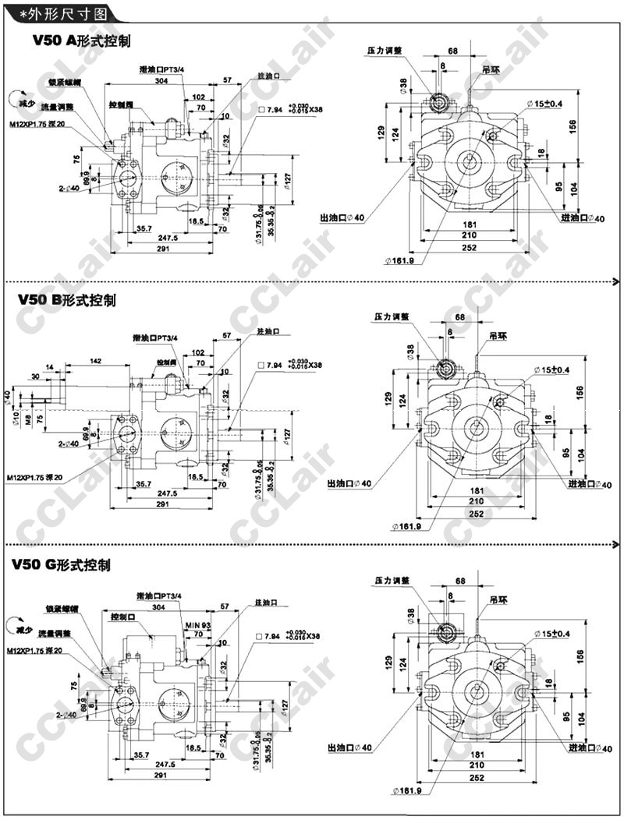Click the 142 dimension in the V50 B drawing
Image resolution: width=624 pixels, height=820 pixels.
[x=96, y=361]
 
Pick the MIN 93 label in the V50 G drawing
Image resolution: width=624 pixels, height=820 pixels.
[x=198, y=625]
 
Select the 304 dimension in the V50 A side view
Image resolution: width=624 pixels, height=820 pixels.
[x=161, y=81]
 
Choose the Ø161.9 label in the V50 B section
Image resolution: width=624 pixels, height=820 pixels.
[x=406, y=526]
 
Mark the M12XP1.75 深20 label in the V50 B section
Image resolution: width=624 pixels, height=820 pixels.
[x=36, y=478]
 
